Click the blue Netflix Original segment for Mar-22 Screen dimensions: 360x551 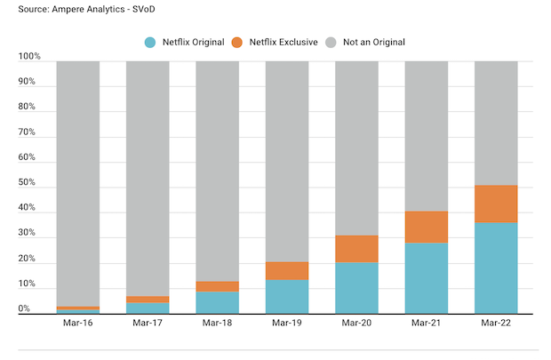(x=497, y=268)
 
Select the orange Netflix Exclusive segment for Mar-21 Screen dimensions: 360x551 (x=427, y=227)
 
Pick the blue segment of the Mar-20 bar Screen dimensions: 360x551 (x=356, y=288)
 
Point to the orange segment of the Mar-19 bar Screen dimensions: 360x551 (x=287, y=271)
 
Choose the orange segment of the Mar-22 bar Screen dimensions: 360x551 (x=497, y=204)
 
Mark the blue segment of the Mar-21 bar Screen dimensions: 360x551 (x=427, y=278)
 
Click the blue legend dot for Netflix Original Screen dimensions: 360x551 (x=150, y=42)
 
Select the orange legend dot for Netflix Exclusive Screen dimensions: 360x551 (x=237, y=42)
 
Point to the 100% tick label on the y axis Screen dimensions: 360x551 (x=29, y=57)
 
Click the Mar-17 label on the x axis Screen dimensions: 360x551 (x=148, y=324)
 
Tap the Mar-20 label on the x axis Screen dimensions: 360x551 (x=356, y=324)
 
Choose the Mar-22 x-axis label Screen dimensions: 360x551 (x=497, y=324)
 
